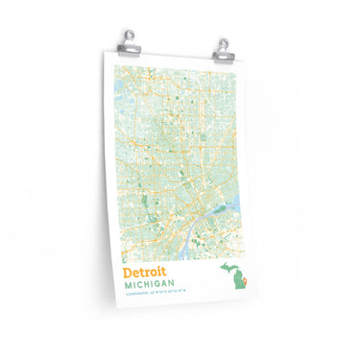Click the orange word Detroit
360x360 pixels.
144,272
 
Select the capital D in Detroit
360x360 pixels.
128,272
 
